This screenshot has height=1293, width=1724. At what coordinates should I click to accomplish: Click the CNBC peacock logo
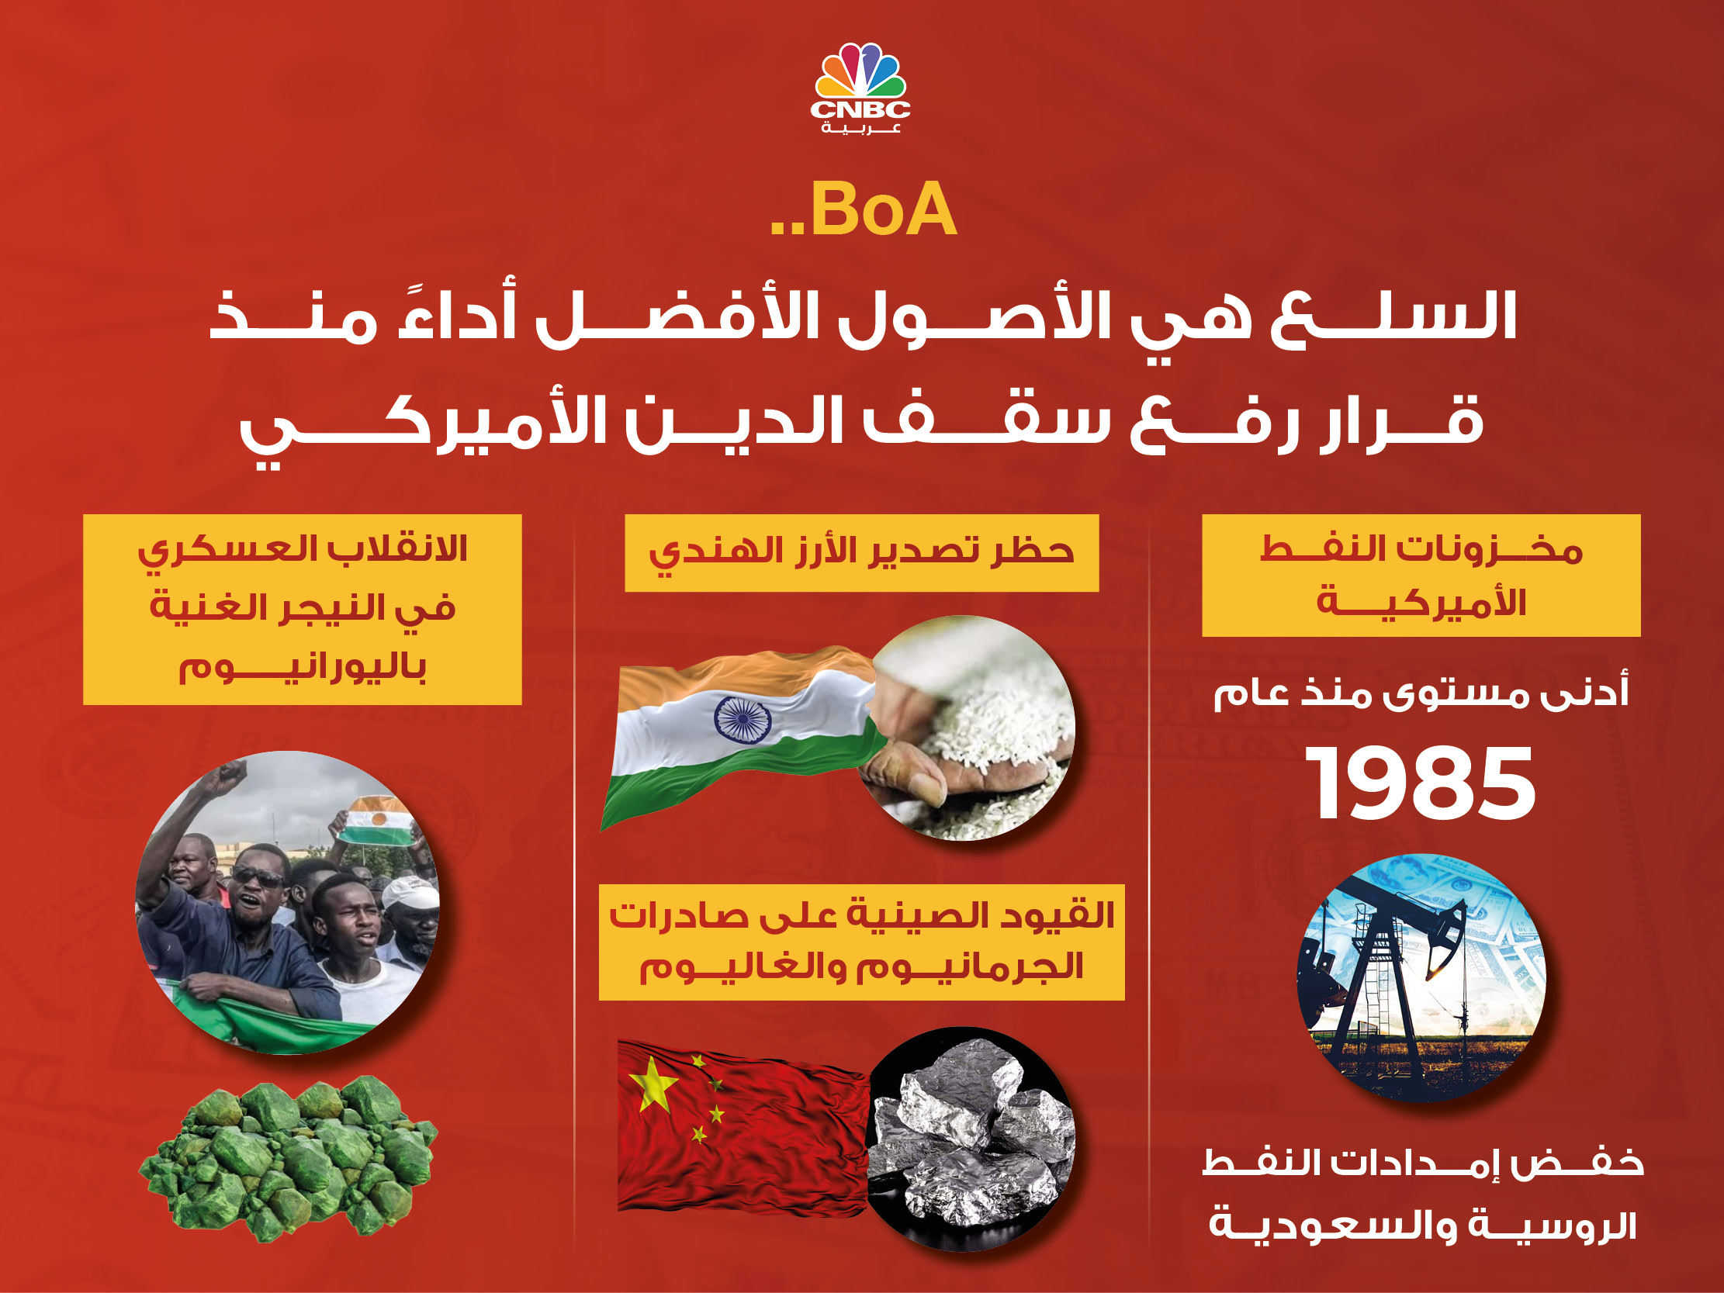pos(860,89)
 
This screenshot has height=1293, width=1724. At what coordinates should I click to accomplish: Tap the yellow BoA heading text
pos(864,209)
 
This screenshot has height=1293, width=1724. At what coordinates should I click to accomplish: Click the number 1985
pos(1420,783)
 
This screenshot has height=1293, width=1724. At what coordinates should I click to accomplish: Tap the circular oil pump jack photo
pos(1421,977)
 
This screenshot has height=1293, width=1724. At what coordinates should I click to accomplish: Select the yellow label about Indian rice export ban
pos(861,552)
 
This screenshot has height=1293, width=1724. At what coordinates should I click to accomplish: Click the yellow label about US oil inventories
pos(1421,576)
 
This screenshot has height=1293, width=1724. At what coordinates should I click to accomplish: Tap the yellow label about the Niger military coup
pos(303,610)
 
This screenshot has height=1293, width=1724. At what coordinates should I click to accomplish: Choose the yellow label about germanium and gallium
pos(861,942)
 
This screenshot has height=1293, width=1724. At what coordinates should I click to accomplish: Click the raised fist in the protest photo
pos(231,774)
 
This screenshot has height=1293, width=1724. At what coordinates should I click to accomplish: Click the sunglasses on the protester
pos(257,877)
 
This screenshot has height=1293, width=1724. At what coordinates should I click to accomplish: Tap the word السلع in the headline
pos(1392,316)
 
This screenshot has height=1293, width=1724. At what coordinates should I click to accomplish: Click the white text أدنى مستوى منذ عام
pos(1421,693)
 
